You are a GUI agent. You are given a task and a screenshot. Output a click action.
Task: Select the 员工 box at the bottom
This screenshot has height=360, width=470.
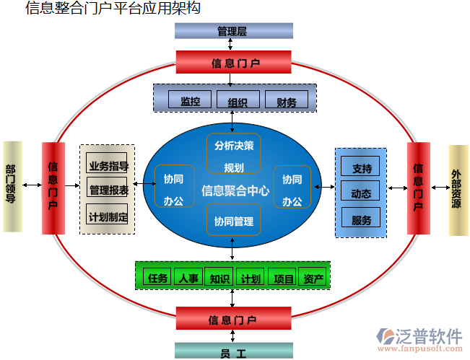click(233, 352)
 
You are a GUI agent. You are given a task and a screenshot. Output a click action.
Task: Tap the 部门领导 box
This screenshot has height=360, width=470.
click(12, 186)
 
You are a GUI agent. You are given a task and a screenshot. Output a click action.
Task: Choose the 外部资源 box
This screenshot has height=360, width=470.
click(458, 190)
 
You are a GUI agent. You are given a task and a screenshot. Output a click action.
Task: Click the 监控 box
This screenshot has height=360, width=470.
click(190, 100)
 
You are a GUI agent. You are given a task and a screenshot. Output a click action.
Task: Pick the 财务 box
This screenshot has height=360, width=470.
click(287, 100)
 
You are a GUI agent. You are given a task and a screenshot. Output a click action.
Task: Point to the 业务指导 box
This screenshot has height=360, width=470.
click(108, 165)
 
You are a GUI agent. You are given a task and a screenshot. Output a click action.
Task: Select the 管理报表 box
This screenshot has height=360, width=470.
click(108, 190)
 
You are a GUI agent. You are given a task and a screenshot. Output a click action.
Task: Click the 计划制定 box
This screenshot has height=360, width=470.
click(108, 216)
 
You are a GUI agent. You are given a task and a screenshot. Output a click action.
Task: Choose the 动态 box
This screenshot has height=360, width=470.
click(361, 193)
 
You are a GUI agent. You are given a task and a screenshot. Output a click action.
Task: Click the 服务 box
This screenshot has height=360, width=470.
click(361, 219)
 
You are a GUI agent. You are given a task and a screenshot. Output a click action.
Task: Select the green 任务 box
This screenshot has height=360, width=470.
click(157, 277)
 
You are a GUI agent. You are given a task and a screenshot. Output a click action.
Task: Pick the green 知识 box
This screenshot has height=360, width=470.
click(219, 277)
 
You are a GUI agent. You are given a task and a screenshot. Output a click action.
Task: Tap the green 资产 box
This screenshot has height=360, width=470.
click(313, 277)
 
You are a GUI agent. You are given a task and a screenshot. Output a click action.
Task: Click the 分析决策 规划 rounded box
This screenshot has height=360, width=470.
click(233, 155)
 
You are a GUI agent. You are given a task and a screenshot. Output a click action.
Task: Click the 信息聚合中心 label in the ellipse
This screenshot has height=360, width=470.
click(235, 190)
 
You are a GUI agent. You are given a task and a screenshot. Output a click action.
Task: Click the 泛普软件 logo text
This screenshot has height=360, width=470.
click(429, 335)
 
